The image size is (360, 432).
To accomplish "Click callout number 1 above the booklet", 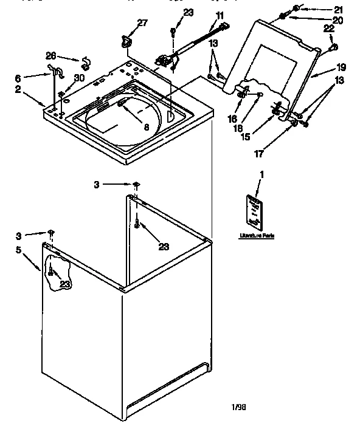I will coord(261,176).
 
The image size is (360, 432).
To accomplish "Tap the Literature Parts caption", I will coord(255,235).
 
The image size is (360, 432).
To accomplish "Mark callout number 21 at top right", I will coord(338,9).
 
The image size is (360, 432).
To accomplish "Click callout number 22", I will coord(329,29).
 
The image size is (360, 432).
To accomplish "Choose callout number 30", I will coord(79,77).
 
